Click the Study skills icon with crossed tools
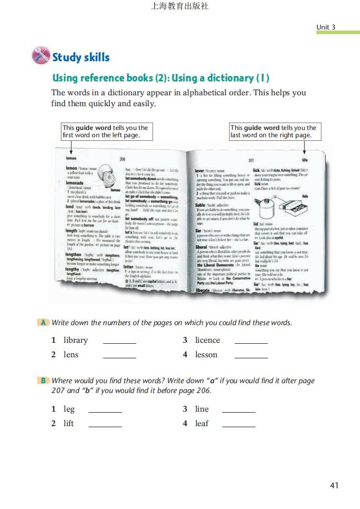[x=41, y=55]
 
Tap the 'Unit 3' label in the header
[x=326, y=27]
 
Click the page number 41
[x=334, y=485]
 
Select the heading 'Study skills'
[x=81, y=57]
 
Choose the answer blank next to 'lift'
[x=105, y=425]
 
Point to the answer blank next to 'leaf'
[x=239, y=425]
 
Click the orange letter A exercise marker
[x=44, y=323]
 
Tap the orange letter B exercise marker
[x=44, y=381]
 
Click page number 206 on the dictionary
[x=123, y=159]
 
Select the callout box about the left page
[x=107, y=132]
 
